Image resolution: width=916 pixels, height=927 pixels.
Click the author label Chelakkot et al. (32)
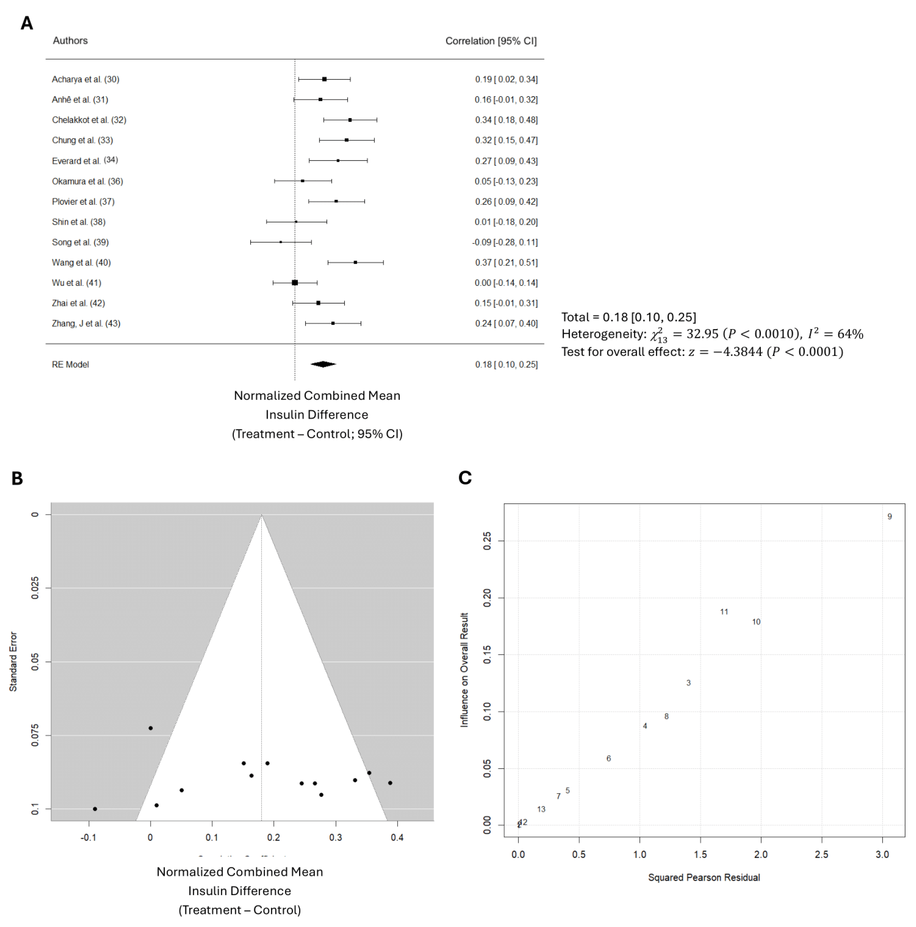(x=89, y=120)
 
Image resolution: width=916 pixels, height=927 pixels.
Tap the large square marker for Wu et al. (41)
(x=295, y=283)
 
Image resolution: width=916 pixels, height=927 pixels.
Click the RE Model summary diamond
(x=323, y=364)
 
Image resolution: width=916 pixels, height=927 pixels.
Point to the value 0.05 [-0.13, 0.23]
(x=506, y=181)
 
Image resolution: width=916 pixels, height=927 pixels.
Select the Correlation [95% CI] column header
(x=491, y=41)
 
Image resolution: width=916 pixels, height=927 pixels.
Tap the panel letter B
(x=17, y=478)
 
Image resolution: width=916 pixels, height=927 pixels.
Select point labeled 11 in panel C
(x=723, y=612)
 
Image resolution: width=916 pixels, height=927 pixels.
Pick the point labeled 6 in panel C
(x=608, y=759)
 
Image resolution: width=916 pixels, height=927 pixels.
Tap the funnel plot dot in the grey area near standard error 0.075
(x=151, y=728)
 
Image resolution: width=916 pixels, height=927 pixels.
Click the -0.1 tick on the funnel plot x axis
(x=88, y=838)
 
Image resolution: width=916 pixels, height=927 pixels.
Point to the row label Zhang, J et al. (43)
(x=86, y=323)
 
